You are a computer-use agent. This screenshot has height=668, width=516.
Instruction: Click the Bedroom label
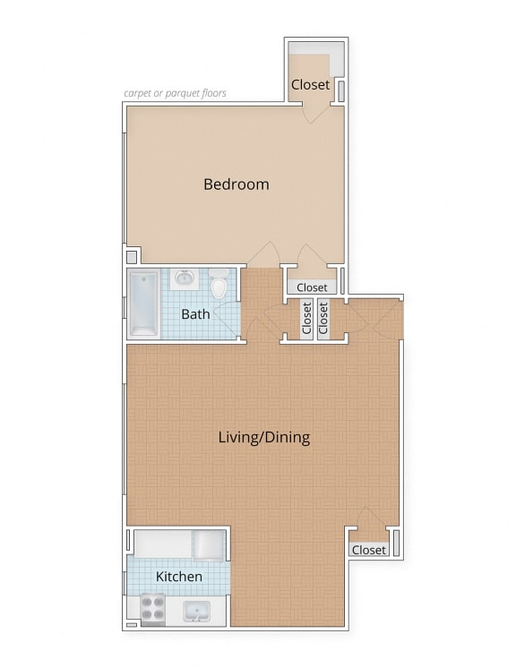(236, 184)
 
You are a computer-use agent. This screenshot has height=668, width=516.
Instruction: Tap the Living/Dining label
(264, 438)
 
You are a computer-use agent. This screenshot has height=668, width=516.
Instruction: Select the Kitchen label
(179, 577)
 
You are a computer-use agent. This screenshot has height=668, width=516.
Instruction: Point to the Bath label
(195, 314)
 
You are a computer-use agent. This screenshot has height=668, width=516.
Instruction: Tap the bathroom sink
(184, 279)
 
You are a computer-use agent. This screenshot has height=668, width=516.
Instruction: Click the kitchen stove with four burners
(153, 609)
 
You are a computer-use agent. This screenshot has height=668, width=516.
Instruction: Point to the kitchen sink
(196, 612)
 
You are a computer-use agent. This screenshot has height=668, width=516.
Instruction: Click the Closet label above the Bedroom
(310, 85)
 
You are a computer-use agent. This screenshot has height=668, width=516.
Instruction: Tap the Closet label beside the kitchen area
(368, 550)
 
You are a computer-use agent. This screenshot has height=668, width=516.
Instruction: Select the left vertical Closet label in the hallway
(306, 317)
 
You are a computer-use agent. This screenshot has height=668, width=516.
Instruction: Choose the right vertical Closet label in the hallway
(323, 317)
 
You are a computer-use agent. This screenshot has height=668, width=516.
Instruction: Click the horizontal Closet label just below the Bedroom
(312, 287)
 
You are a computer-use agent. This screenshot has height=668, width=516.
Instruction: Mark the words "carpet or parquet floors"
(175, 93)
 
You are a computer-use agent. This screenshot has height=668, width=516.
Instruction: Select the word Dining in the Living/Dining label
(287, 438)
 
